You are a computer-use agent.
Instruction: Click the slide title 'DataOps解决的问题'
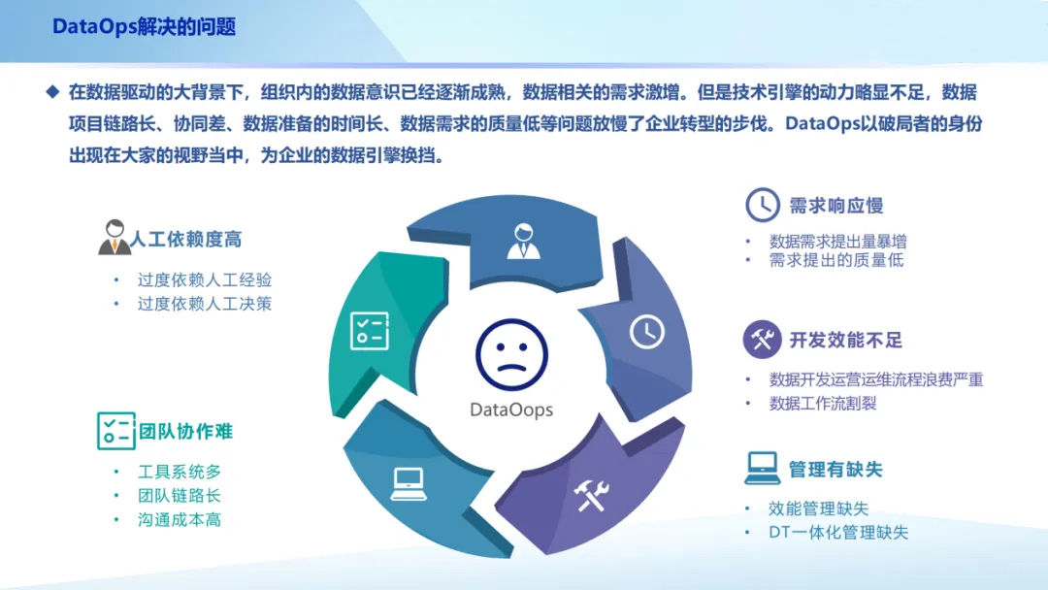(144, 27)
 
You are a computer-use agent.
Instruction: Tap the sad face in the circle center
(512, 355)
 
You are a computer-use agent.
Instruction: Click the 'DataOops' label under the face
(511, 410)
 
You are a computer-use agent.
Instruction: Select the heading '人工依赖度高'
(185, 240)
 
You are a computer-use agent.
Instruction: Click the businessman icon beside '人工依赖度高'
(115, 237)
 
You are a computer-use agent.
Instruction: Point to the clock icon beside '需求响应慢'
(763, 205)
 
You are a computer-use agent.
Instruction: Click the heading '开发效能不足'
(845, 340)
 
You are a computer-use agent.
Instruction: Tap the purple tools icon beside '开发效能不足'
(762, 340)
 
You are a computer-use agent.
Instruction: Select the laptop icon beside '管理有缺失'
(763, 468)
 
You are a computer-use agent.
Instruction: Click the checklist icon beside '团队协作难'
(116, 431)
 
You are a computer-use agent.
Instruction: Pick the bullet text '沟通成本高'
(180, 520)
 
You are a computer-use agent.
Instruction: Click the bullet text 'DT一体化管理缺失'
(838, 533)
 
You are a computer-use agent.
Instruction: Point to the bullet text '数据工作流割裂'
(823, 404)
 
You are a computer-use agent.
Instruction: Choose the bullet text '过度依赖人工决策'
(205, 304)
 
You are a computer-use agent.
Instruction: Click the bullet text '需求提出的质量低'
(836, 261)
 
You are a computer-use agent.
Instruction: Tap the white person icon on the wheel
(523, 242)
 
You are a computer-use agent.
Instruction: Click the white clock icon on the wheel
(647, 332)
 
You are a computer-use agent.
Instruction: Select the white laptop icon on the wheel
(409, 484)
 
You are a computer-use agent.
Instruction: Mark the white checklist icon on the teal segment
(370, 331)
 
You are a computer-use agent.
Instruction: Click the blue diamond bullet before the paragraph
(52, 91)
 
